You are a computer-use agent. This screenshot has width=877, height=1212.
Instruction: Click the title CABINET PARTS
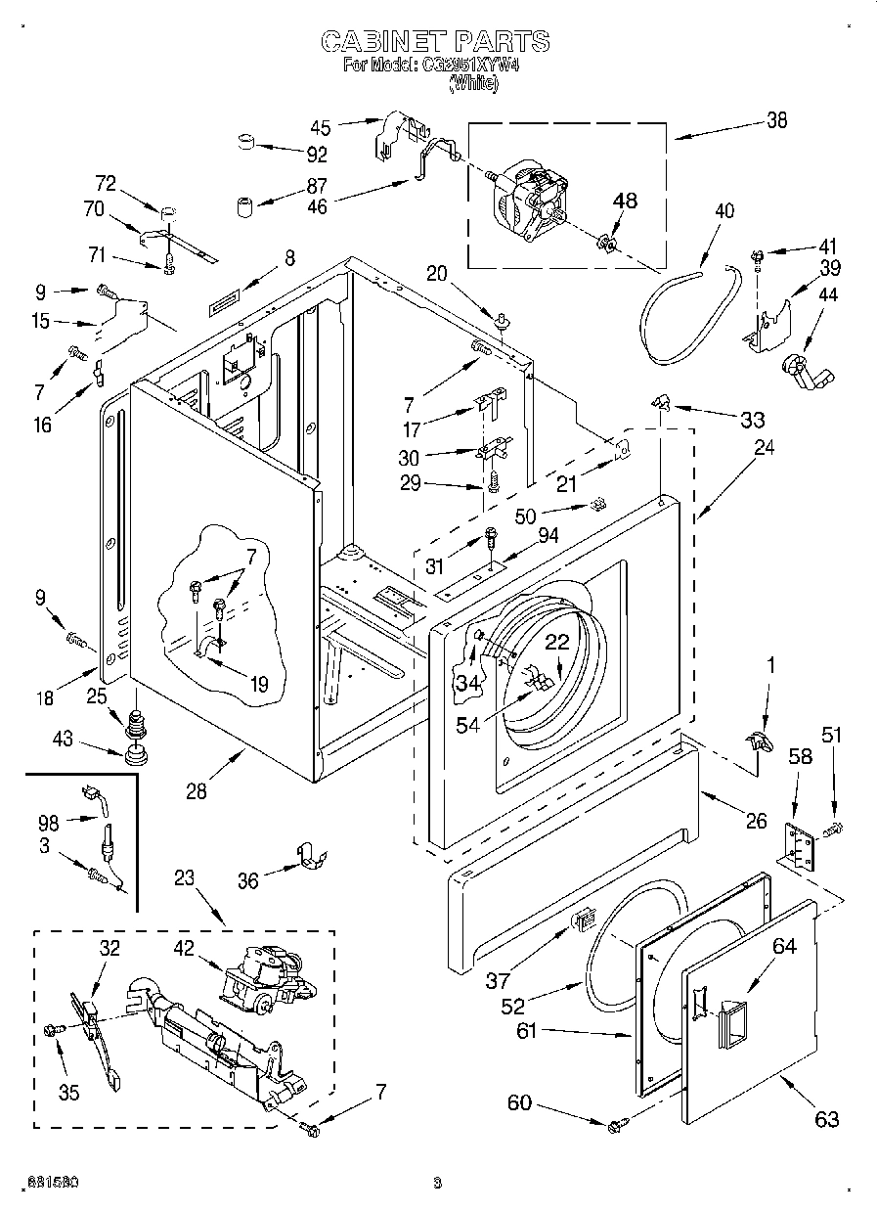[x=435, y=41]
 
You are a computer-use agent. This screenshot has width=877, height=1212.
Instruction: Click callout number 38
[x=776, y=120]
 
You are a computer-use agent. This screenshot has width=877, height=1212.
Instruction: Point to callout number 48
[x=625, y=201]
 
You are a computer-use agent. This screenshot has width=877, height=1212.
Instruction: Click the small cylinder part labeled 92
[x=247, y=144]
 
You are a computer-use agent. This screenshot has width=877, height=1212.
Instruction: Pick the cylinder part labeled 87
[x=244, y=206]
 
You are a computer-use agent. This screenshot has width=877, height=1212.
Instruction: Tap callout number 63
[x=827, y=1119]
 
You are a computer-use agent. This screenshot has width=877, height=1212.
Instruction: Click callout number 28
[x=197, y=791]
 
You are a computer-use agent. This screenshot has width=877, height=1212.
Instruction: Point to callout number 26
[x=756, y=821]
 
